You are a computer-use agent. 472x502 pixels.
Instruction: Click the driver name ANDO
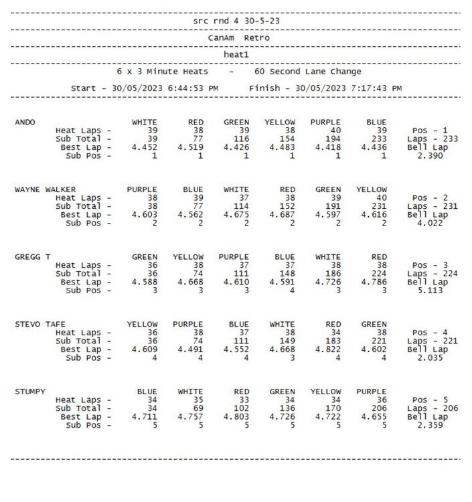click(x=25, y=122)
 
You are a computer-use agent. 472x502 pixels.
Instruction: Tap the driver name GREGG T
click(x=33, y=257)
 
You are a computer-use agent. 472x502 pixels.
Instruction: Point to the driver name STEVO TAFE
click(x=40, y=325)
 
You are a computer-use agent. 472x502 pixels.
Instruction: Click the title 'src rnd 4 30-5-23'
click(x=236, y=21)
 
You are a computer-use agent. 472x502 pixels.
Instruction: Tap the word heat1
click(x=236, y=54)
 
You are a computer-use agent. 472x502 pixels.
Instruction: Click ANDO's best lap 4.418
click(x=327, y=147)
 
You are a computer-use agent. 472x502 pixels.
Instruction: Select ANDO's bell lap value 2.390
click(x=429, y=155)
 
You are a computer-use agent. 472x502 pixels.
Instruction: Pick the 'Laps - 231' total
click(x=432, y=206)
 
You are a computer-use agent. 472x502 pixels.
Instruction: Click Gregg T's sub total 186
click(x=331, y=274)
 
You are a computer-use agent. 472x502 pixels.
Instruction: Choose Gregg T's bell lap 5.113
click(x=429, y=290)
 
